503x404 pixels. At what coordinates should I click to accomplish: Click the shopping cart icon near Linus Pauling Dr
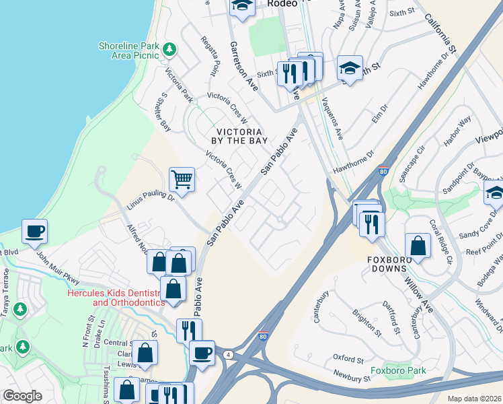coord(182,179)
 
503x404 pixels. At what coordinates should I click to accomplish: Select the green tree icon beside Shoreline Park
coord(169,49)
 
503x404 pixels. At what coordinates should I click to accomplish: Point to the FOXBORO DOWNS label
coord(398,263)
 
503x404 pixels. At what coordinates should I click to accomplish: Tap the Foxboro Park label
coord(398,370)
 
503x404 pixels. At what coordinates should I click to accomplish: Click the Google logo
coord(22,396)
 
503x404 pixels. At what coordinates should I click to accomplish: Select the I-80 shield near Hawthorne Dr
coord(383,171)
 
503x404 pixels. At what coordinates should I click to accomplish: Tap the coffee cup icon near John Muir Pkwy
coord(34,232)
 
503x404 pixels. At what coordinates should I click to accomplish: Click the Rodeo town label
coord(282,3)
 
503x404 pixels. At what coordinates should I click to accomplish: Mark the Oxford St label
coord(348,357)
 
